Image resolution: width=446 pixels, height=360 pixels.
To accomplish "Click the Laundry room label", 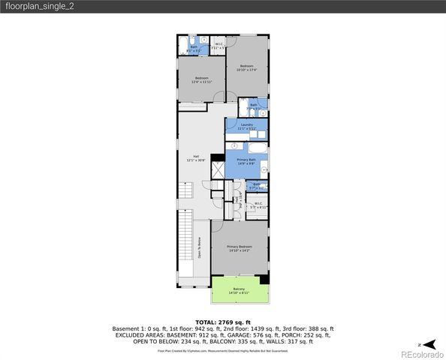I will click(247, 125).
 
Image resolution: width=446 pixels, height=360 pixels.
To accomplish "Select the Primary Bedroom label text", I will click(240, 247).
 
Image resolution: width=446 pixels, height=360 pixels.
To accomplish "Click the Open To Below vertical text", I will click(200, 247).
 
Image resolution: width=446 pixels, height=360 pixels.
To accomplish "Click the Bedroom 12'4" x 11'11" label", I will click(202, 79).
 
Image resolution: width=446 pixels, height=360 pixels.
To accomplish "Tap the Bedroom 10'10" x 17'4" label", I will click(247, 68).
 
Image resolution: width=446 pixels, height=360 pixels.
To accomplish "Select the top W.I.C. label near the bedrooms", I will click(218, 45).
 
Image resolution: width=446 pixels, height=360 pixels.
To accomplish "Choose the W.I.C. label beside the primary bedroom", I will click(258, 204).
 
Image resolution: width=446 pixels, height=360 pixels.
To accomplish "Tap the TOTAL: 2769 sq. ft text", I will click(223, 320).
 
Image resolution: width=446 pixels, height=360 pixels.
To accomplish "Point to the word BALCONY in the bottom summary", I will click(212, 341).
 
